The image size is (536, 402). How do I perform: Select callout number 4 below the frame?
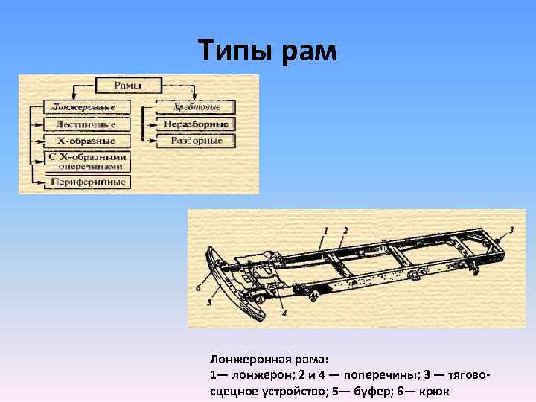tap(284, 313)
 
